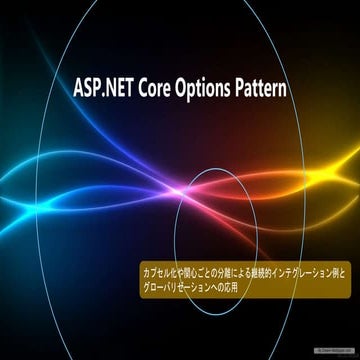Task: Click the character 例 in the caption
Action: (338, 271)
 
